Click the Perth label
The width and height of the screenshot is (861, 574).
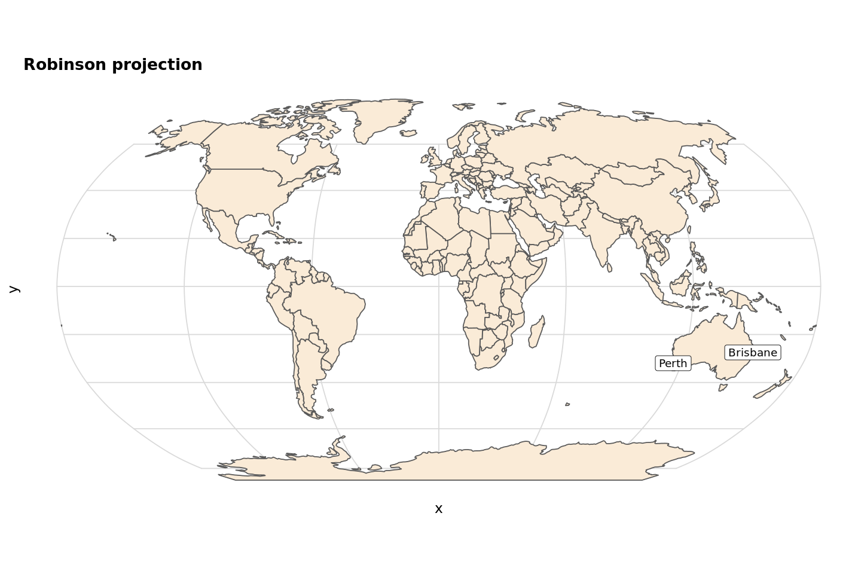[673, 364]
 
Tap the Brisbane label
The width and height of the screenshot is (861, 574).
[752, 353]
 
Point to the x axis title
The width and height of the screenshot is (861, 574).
[438, 509]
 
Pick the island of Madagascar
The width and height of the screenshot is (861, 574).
[536, 332]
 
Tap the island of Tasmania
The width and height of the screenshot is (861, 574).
[722, 387]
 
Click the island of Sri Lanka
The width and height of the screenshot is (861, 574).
[609, 267]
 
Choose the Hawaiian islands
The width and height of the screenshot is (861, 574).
[112, 237]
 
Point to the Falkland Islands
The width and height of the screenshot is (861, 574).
[330, 410]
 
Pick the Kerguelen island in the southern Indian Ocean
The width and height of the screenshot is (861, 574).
[567, 405]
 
